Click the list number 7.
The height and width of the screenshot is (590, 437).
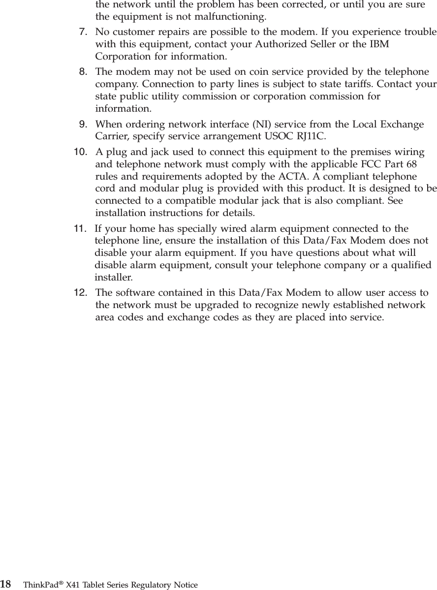coord(84,32)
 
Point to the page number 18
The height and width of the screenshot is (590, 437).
coord(6,584)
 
